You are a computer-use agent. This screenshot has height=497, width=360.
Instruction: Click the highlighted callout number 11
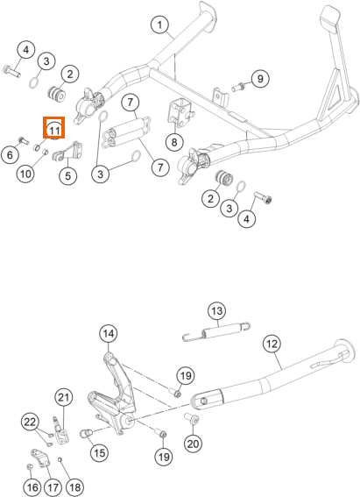pyautogui.click(x=54, y=131)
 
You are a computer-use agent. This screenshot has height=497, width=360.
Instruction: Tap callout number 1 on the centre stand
pyautogui.click(x=160, y=25)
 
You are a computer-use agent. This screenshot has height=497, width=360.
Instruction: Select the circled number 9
pyautogui.click(x=260, y=79)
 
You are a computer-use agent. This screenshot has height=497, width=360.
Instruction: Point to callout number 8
pyautogui.click(x=174, y=142)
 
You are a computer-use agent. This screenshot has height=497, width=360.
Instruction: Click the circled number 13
pyautogui.click(x=217, y=311)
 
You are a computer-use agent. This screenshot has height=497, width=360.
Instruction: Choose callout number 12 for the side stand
pyautogui.click(x=272, y=344)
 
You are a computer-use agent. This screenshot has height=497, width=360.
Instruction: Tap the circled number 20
pyautogui.click(x=193, y=444)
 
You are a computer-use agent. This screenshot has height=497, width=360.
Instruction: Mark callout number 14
pyautogui.click(x=109, y=333)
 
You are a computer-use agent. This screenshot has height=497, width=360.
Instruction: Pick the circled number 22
pyautogui.click(x=31, y=422)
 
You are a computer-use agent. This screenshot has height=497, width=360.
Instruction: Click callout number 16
pyautogui.click(x=32, y=487)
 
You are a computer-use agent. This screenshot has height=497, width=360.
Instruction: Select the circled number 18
pyautogui.click(x=75, y=487)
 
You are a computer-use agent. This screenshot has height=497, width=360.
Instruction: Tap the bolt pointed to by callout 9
pyautogui.click(x=237, y=86)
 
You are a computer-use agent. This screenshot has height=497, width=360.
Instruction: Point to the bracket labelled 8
pyautogui.click(x=181, y=111)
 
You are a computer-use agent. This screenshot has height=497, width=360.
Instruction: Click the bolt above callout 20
pyautogui.click(x=192, y=418)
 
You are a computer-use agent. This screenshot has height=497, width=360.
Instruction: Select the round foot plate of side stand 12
pyautogui.click(x=344, y=351)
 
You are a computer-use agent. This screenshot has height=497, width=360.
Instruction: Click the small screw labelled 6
pyautogui.click(x=24, y=139)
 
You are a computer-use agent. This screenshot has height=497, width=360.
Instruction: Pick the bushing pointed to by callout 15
pyautogui.click(x=87, y=433)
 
